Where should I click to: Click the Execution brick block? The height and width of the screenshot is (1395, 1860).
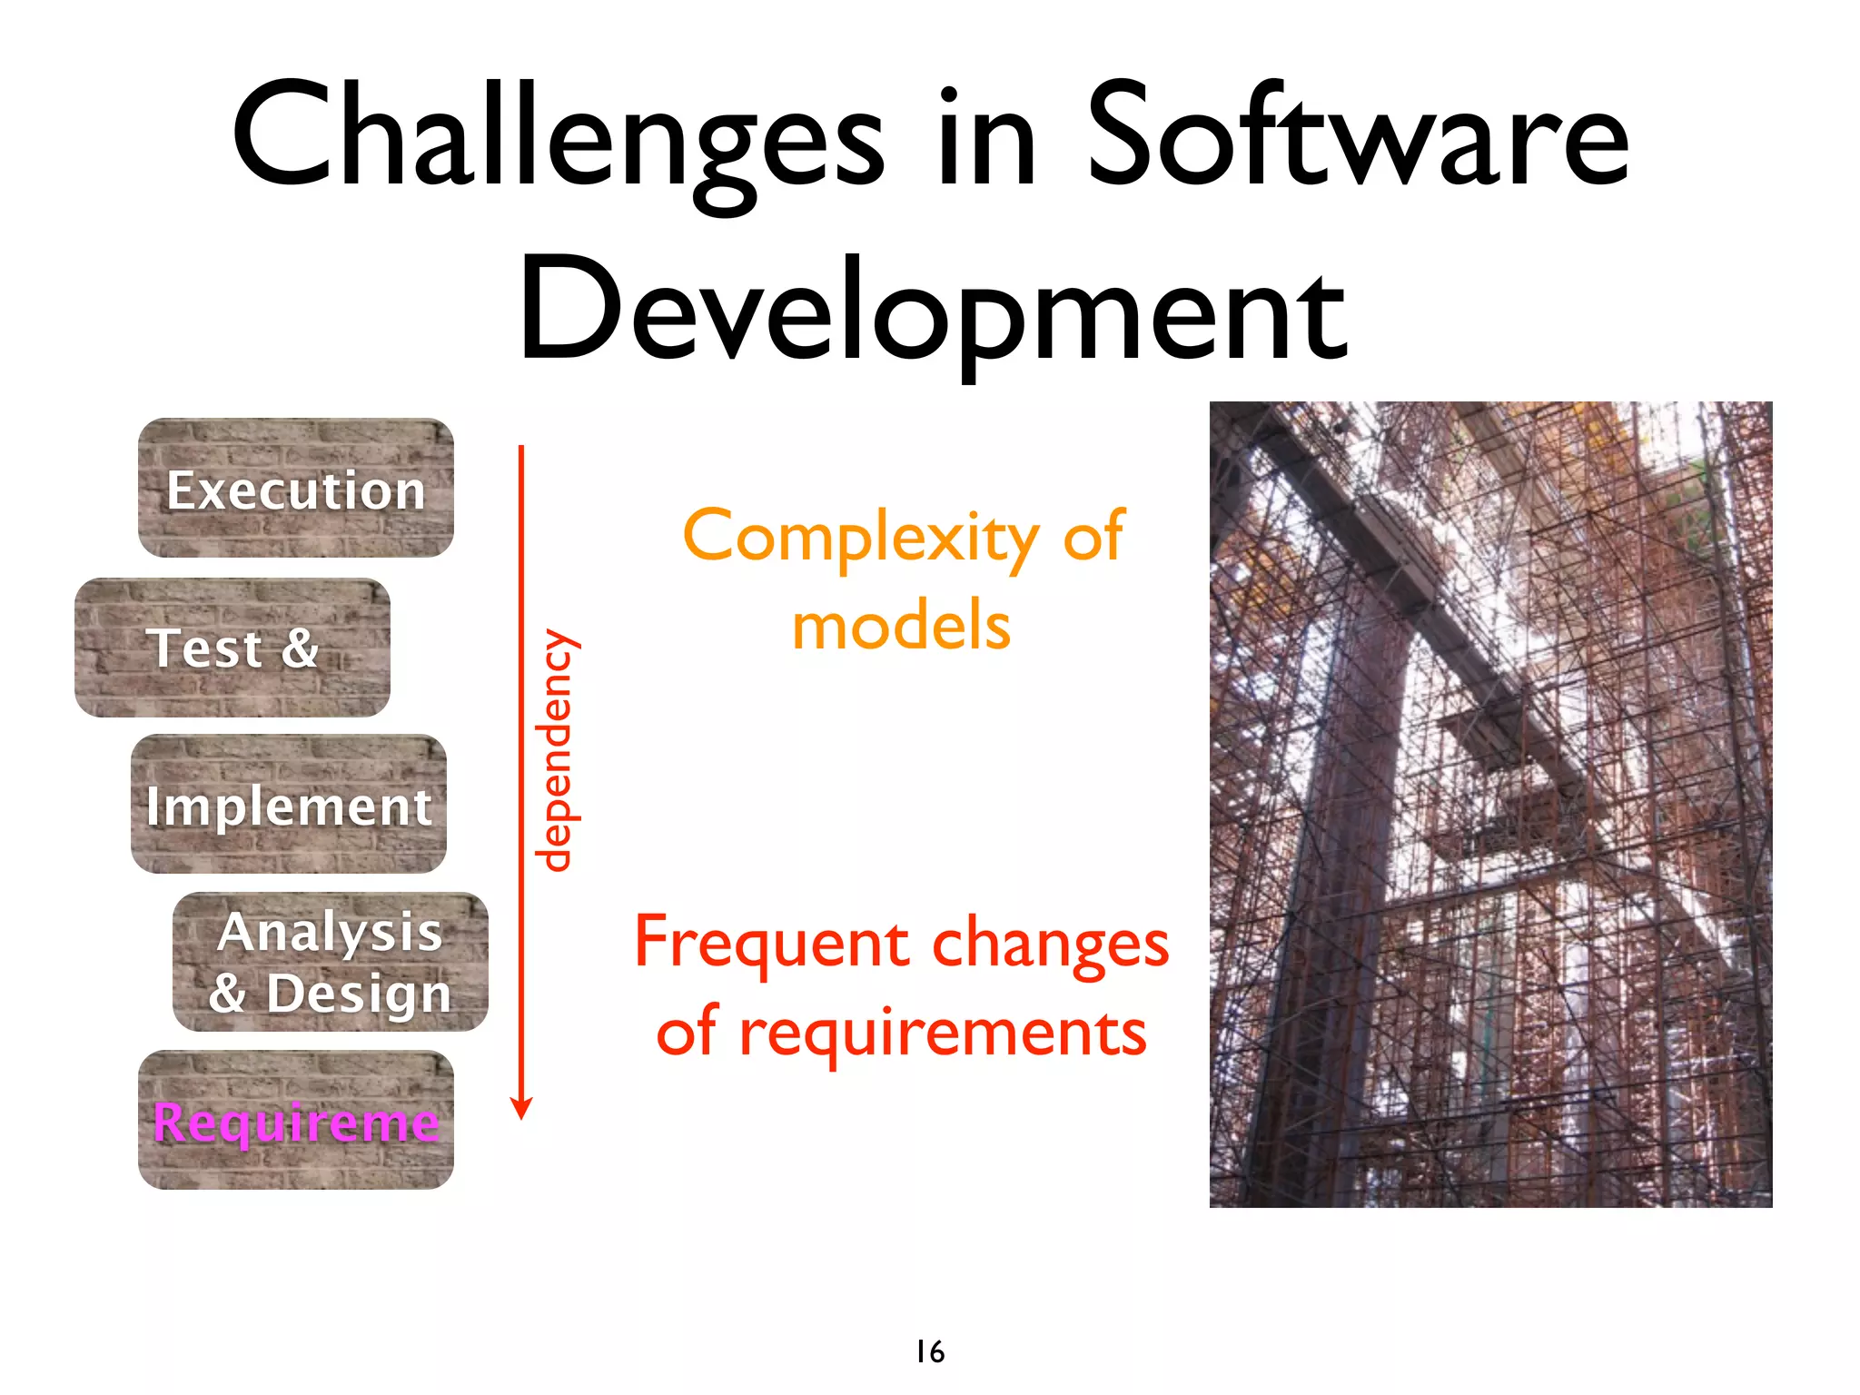[296, 489]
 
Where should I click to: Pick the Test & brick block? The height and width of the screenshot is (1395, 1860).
[232, 648]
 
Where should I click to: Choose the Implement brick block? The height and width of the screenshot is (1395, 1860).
[289, 805]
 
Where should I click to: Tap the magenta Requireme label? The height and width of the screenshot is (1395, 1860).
[296, 1123]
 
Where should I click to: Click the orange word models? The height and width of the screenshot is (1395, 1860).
[901, 627]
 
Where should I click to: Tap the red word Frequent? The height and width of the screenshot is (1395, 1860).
[772, 945]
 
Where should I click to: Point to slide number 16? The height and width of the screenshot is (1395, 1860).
[930, 1351]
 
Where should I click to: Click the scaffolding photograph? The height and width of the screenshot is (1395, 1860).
[1489, 805]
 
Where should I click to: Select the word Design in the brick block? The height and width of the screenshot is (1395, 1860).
[358, 994]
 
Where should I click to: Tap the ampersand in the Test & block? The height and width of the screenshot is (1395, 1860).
[300, 648]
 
